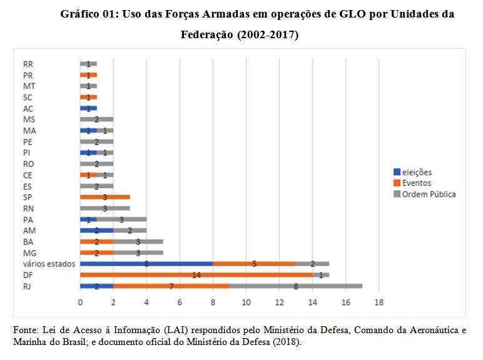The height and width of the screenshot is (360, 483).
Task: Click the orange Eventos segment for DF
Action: pyautogui.click(x=196, y=275)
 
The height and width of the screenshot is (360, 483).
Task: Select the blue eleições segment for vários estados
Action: pyautogui.click(x=146, y=264)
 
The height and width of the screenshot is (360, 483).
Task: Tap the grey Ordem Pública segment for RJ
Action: pyautogui.click(x=295, y=286)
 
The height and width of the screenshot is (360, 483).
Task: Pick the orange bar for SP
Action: pyautogui.click(x=105, y=197)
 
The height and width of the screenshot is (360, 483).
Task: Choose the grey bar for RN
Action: pyautogui.click(x=105, y=208)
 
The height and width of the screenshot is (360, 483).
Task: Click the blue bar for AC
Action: pyautogui.click(x=88, y=108)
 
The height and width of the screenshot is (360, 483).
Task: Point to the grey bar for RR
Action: pyautogui.click(x=88, y=64)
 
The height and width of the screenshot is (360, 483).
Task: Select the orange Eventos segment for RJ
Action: pyautogui.click(x=171, y=286)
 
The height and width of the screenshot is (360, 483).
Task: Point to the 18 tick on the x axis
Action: pyautogui.click(x=378, y=303)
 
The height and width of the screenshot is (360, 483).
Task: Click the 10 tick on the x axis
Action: pyautogui.click(x=246, y=303)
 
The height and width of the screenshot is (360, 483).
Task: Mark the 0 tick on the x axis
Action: pyautogui.click(x=80, y=303)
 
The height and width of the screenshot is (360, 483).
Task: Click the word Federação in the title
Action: pyautogui.click(x=206, y=35)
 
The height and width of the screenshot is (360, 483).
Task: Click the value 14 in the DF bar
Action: pyautogui.click(x=196, y=275)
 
